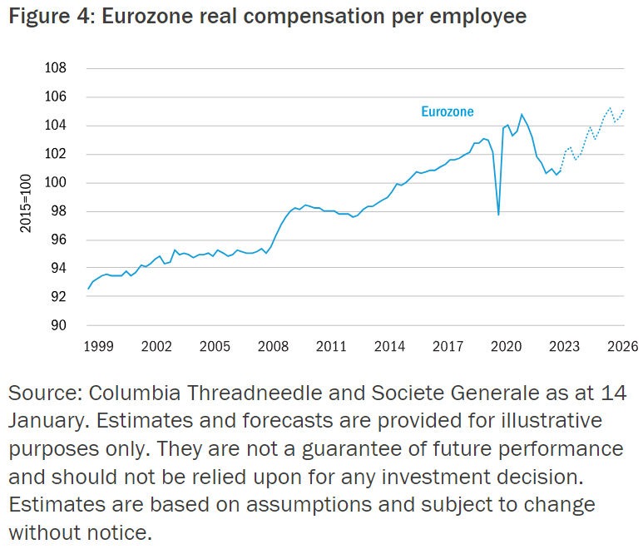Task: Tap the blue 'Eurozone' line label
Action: point(448,111)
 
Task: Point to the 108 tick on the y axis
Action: point(56,69)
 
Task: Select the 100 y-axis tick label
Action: point(56,183)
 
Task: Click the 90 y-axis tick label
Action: point(59,325)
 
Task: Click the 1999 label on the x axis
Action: point(98,345)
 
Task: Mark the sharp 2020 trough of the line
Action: point(498,215)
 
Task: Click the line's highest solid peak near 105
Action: point(522,115)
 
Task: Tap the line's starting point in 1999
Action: point(87,289)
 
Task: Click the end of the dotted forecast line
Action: point(624,110)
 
